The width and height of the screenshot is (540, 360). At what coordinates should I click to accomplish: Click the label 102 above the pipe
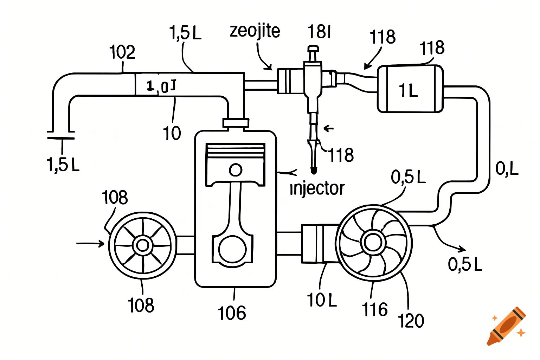[x=122, y=52]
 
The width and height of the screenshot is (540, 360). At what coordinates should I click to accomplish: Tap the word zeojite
[x=255, y=31]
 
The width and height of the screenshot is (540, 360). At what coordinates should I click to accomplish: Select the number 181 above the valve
[x=319, y=32]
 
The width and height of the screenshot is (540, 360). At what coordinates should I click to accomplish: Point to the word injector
[x=317, y=188]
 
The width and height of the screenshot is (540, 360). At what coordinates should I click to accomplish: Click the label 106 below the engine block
[x=232, y=313]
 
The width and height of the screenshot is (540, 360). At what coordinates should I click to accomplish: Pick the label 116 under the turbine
[x=375, y=310]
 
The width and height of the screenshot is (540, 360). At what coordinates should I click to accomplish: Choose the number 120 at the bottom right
[x=411, y=321]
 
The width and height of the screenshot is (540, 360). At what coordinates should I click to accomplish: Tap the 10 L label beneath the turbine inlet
[x=322, y=300]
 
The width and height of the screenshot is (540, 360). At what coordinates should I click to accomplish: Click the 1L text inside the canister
[x=408, y=91]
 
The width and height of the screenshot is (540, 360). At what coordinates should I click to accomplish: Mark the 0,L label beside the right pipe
[x=507, y=168]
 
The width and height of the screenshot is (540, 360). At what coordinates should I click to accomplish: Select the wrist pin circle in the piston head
[x=236, y=170]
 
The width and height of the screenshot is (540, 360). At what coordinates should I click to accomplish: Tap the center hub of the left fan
[x=143, y=245]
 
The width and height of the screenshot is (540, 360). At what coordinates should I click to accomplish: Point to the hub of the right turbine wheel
[x=373, y=242]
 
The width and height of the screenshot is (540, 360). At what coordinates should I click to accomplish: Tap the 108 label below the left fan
[x=141, y=305]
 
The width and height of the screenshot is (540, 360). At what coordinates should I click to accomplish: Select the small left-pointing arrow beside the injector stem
[x=328, y=128]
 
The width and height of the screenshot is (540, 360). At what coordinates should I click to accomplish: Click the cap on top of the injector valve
[x=313, y=49]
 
